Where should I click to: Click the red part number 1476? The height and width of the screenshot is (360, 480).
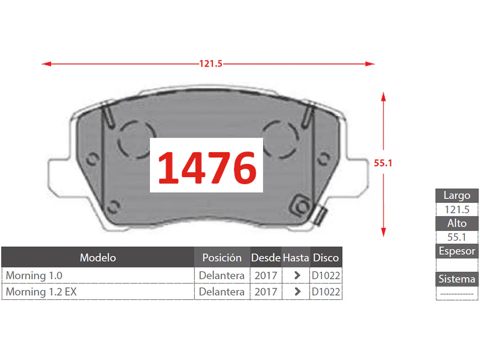pyautogui.click(x=207, y=167)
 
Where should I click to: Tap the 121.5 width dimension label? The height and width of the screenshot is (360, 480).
pyautogui.click(x=210, y=64)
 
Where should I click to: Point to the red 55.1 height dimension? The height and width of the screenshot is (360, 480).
pyautogui.click(x=383, y=163)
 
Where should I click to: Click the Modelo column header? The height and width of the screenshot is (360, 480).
pyautogui.click(x=98, y=258)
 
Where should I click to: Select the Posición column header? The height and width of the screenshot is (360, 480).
pyautogui.click(x=222, y=258)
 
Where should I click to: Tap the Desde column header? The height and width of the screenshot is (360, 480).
pyautogui.click(x=266, y=258)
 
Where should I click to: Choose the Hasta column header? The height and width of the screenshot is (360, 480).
pyautogui.click(x=296, y=258)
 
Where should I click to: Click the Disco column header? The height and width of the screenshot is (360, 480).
pyautogui.click(x=326, y=258)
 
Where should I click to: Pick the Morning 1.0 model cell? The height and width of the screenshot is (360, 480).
pyautogui.click(x=34, y=275)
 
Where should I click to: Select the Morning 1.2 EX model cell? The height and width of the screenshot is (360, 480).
pyautogui.click(x=41, y=291)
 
